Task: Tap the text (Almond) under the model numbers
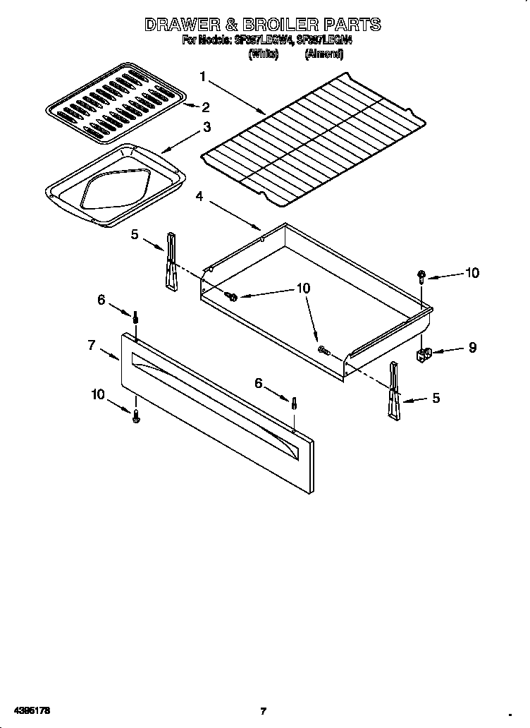[323, 54]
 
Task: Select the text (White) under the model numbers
[264, 54]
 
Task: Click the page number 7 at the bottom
[263, 710]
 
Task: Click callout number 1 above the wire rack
[202, 75]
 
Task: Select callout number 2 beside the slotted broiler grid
[206, 107]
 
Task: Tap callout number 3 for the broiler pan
[207, 127]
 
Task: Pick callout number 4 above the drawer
[199, 197]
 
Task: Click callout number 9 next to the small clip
[472, 347]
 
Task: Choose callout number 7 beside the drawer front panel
[92, 345]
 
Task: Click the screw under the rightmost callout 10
[421, 276]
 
